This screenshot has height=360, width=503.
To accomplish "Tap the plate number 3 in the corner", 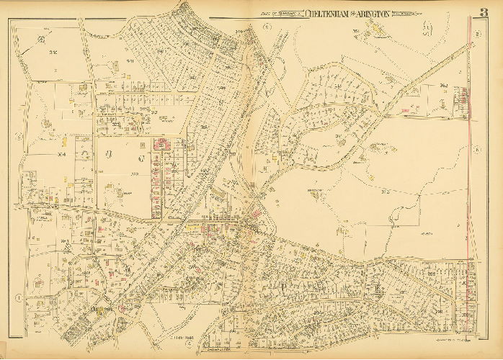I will pos(484,12).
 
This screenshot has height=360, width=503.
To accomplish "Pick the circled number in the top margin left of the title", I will pos(266,27).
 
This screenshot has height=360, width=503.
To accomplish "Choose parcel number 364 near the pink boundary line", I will pos(444,86).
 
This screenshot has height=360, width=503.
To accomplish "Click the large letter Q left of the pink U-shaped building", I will pos(130,154).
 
